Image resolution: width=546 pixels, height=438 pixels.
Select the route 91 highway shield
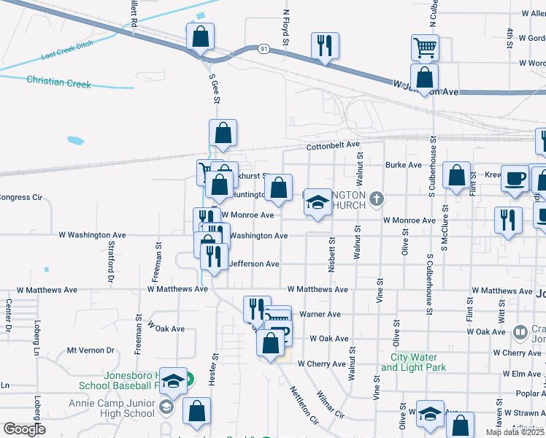[x=264, y=49]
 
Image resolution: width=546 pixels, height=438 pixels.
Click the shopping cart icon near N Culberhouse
[x=425, y=48]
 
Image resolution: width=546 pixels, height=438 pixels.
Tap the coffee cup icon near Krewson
[x=515, y=178]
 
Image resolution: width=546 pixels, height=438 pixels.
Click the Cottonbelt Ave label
[x=334, y=146]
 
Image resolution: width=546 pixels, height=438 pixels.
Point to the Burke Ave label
[x=404, y=165]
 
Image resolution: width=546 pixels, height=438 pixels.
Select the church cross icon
[x=376, y=199]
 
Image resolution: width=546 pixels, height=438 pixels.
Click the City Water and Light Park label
[x=414, y=362]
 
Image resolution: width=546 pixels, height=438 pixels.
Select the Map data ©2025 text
[x=515, y=433]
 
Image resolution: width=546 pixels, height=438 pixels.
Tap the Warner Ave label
[x=320, y=315]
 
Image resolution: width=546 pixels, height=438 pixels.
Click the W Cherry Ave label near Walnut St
[x=321, y=364]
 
